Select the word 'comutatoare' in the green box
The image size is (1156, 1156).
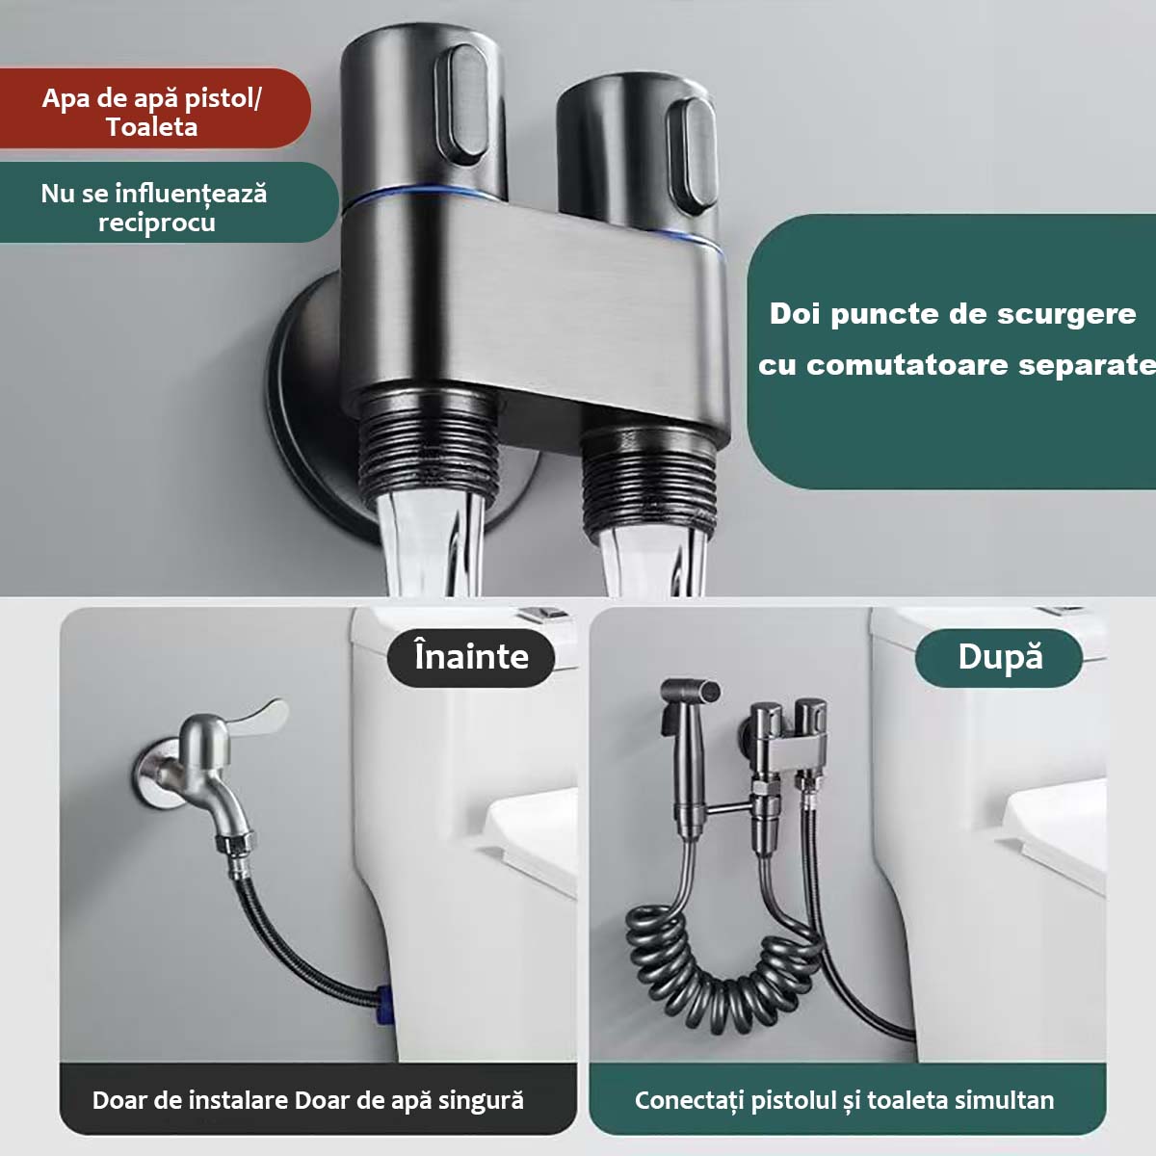(907, 365)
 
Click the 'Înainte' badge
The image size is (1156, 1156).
(471, 658)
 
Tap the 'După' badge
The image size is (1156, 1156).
(999, 658)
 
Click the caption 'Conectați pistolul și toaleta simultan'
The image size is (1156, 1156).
(844, 1100)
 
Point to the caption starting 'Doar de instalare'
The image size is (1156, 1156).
(307, 1100)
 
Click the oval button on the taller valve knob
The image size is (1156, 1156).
(463, 104)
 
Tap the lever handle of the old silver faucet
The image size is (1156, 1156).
(259, 717)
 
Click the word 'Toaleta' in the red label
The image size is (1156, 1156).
(152, 127)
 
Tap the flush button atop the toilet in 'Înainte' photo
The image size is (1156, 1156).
(542, 615)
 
